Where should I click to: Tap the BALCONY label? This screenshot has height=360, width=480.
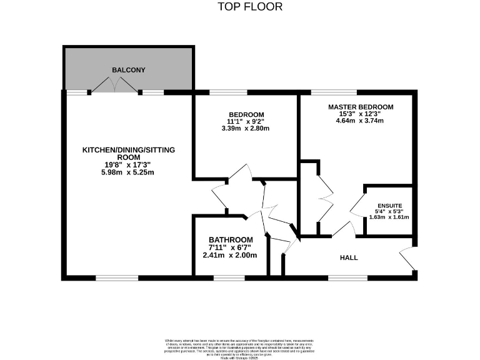(129, 70)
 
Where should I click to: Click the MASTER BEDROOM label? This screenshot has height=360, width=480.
(361, 107)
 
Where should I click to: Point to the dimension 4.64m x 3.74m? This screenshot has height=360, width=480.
(361, 121)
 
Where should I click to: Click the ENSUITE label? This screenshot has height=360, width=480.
(389, 206)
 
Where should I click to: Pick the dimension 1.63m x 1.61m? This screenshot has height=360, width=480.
(389, 217)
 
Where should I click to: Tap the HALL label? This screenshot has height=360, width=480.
(349, 257)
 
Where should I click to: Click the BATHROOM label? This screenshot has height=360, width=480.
(231, 240)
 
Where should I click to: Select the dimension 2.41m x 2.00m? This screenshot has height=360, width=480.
(231, 255)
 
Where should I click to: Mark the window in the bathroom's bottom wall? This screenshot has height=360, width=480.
(229, 277)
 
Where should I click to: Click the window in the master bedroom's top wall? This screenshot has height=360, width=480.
(329, 92)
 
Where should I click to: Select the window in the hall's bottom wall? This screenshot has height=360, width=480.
(348, 277)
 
